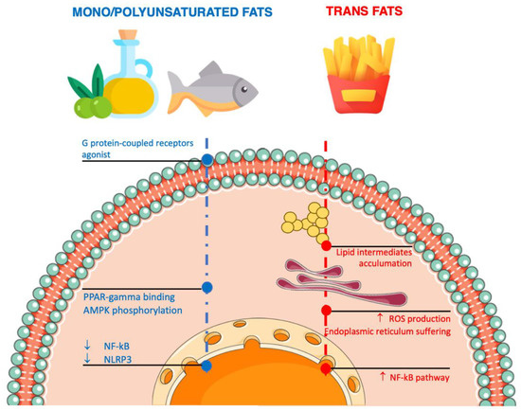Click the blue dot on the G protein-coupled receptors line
pyautogui.click(x=207, y=162)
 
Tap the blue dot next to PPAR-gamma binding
pyautogui.click(x=207, y=285)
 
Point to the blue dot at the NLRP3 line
pyautogui.click(x=207, y=366)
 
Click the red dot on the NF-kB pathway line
pyautogui.click(x=326, y=368)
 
